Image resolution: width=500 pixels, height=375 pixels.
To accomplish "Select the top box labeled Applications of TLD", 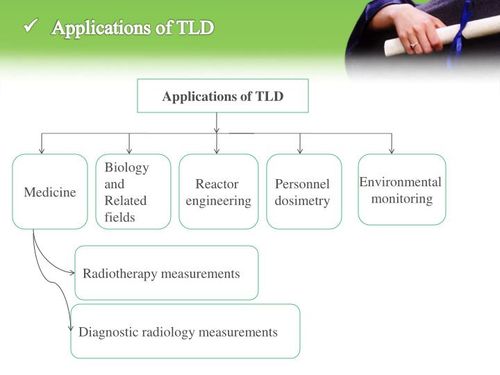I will point(223,96).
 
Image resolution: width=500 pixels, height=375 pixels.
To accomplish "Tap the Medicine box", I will point(50,192).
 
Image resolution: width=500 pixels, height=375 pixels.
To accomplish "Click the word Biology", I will point(126,167).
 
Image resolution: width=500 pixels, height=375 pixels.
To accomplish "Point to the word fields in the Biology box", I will point(119,217).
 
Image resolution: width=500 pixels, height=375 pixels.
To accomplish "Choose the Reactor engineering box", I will point(218,192).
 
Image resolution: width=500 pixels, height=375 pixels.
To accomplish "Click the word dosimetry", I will point(302,201).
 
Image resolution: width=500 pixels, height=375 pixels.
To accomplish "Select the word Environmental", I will point(400,182).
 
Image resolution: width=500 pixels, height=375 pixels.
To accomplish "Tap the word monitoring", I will point(401,199).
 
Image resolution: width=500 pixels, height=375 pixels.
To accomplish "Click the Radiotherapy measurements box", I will point(167,273).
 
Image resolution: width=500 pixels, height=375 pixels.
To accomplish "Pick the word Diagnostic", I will point(108,332).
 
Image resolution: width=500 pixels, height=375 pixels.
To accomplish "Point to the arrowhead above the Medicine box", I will point(42,150).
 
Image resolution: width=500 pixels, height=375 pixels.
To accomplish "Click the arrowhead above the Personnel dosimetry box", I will point(300,150).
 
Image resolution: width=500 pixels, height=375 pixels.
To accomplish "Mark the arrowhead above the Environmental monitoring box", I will point(392,150).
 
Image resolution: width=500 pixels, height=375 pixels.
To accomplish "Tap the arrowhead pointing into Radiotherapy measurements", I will point(72,273).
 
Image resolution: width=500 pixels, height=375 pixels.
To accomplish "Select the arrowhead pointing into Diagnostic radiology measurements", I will point(69,327).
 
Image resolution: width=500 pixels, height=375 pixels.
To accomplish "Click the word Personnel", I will point(302,184).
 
